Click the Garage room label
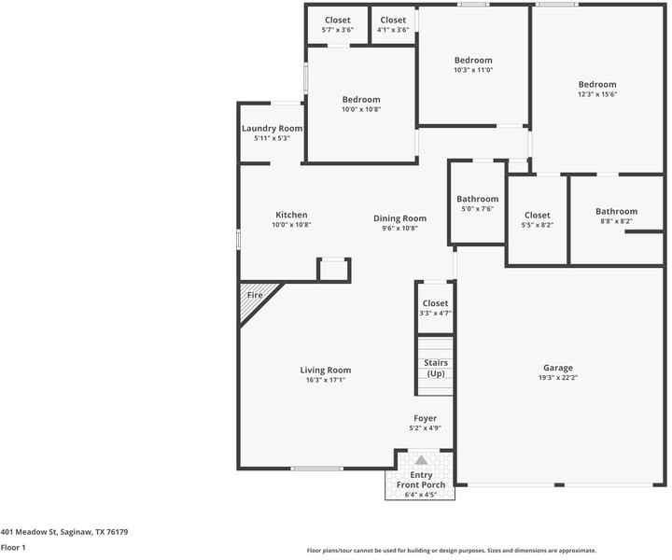558,368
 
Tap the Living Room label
326,371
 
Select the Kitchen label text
291,215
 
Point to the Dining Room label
399,218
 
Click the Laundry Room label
272,128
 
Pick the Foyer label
426,418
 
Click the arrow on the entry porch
421,460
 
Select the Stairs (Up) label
436,368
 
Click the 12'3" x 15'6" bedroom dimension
596,94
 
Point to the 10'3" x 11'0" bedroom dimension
472,70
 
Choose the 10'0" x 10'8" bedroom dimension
361,109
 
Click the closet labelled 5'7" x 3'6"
337,25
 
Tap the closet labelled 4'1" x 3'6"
393,25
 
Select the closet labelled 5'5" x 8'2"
537,220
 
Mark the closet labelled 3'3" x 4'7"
435,308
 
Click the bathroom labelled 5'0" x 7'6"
477,203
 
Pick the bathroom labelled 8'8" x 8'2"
616,217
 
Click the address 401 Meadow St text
63,532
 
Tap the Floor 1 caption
13,548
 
